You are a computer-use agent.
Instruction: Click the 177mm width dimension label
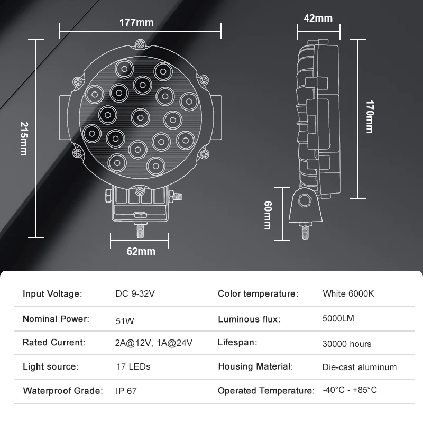tap(136, 22)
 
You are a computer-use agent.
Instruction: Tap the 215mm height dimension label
tap(24, 139)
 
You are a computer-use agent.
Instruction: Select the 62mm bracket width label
tap(141, 252)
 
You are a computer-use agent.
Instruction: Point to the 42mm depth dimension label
tap(318, 19)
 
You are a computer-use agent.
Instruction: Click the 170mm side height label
tap(370, 116)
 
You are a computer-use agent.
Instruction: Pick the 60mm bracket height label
tap(268, 215)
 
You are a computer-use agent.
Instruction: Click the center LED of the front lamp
tap(140, 117)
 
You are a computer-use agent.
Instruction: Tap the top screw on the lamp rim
tap(140, 44)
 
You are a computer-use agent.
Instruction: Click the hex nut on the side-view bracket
tap(305, 200)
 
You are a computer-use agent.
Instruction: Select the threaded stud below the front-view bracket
tap(140, 231)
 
